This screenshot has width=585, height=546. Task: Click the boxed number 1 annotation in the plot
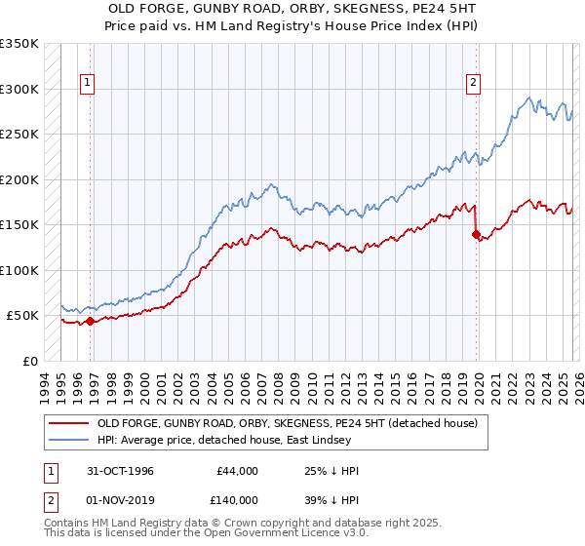(88, 84)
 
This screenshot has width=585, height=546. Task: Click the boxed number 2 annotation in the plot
(473, 84)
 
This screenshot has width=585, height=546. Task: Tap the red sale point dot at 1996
(91, 321)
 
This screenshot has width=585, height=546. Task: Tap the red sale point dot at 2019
(476, 234)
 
